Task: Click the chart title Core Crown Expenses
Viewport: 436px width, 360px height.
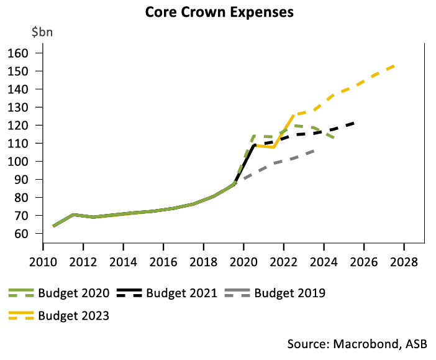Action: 219,12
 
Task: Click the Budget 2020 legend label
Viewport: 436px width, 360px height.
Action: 74,293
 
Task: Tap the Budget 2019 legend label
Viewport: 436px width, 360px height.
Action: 289,293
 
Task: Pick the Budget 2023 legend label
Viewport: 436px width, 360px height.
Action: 74,315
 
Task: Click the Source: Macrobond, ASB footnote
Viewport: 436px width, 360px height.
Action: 361,344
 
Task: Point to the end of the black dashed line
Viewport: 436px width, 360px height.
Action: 355,122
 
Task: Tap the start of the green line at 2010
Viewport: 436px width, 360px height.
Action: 53,226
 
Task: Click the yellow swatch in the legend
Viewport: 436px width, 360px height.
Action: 22,315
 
